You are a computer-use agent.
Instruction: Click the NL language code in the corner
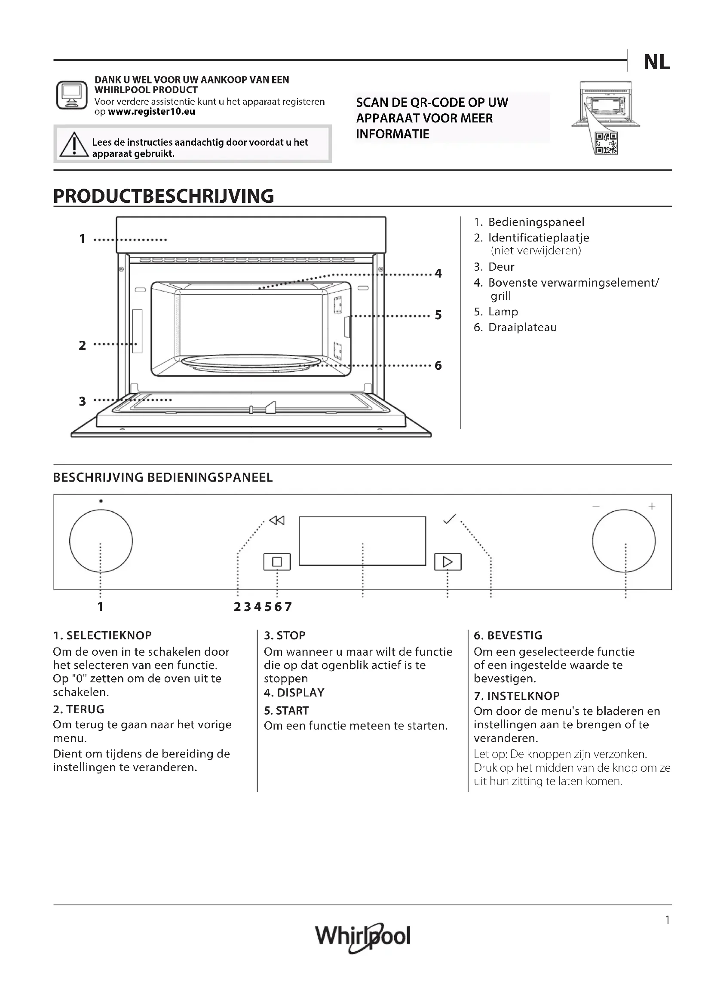coord(656,63)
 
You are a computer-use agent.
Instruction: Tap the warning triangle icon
coord(74,145)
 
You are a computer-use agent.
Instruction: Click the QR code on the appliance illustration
coord(607,143)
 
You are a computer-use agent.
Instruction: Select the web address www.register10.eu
coord(151,112)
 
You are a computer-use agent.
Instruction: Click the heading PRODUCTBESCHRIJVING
coord(163,196)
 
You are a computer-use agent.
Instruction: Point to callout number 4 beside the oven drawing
coord(438,274)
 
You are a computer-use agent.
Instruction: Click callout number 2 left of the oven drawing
coord(82,345)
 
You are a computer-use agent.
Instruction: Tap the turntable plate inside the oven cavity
coord(251,363)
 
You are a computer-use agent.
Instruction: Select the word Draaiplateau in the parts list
coord(522,327)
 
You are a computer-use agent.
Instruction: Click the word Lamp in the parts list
coord(503,312)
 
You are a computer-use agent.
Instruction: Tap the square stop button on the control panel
coord(277,562)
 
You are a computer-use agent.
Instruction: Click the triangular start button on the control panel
coord(447,562)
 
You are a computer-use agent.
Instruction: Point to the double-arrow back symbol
coord(277,520)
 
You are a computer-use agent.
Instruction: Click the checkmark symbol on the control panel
coord(450,519)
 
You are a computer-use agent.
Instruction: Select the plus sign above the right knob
coord(651,507)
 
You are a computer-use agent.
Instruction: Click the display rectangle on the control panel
coord(362,541)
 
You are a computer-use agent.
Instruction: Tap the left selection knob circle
coord(101,541)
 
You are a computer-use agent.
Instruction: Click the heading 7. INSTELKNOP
coord(517,696)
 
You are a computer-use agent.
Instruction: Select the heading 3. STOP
coord(285,635)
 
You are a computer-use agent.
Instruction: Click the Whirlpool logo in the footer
coord(362,937)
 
